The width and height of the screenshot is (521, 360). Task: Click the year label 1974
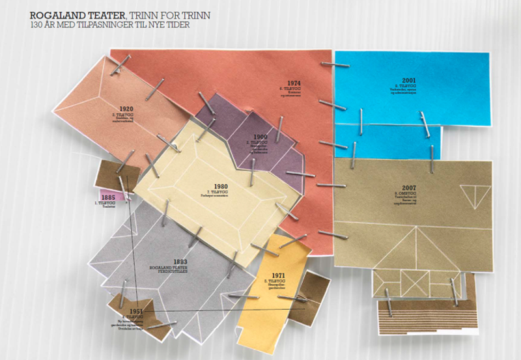click(x=294, y=83)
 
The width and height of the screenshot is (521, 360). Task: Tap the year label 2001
click(x=409, y=80)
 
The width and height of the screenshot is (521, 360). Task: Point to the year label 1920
click(x=126, y=109)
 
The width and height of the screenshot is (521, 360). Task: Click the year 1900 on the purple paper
click(x=260, y=137)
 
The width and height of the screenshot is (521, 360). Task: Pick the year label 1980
click(x=221, y=186)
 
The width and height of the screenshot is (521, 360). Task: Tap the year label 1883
click(x=180, y=261)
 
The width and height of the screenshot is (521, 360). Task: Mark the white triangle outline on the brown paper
click(x=473, y=194)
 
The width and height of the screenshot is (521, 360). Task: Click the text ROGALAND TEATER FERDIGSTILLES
click(x=180, y=270)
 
